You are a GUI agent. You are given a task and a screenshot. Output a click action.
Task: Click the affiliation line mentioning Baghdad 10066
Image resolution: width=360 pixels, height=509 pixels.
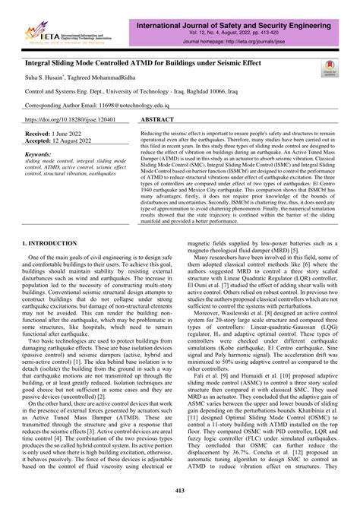click(125, 93)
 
